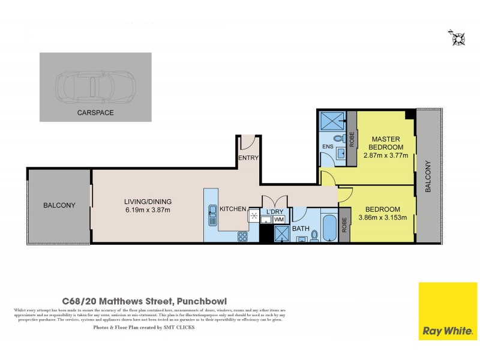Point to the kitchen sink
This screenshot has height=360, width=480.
[212, 211]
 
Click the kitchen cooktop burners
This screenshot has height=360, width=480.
[242, 236]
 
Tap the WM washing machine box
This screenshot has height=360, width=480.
[279, 220]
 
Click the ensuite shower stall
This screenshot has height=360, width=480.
[331, 122]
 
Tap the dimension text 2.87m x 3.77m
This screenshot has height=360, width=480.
[386, 155]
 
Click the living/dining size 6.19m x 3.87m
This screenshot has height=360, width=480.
[148, 210]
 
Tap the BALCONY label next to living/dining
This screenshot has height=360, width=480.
[59, 205]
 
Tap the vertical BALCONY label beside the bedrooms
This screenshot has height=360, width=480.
[428, 176]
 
